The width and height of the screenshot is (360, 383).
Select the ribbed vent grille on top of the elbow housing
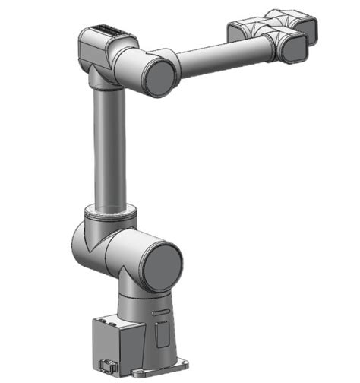108,31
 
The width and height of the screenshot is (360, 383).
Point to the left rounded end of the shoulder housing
79,243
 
